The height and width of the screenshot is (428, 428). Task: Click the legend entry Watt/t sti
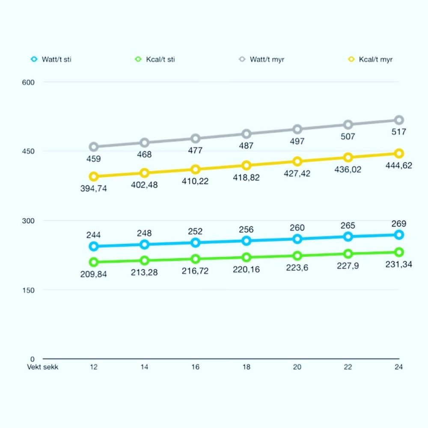[51, 59]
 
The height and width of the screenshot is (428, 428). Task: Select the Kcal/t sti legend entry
[155, 59]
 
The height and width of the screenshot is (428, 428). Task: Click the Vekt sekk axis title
[42, 367]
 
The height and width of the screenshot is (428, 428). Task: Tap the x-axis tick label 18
[247, 367]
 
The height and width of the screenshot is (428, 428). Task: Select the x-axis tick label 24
[399, 367]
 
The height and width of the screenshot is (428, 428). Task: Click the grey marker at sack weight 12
[94, 147]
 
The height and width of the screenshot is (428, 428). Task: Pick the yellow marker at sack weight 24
[399, 153]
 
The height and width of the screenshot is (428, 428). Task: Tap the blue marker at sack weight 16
[196, 243]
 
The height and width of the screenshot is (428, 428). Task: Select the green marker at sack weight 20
[297, 256]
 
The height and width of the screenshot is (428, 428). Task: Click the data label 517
[399, 132]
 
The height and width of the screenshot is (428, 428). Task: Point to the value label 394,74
[94, 188]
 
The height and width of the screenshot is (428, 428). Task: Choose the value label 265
[348, 226]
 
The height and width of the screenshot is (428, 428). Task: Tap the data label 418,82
[247, 177]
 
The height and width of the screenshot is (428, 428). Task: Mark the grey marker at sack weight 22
[348, 125]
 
